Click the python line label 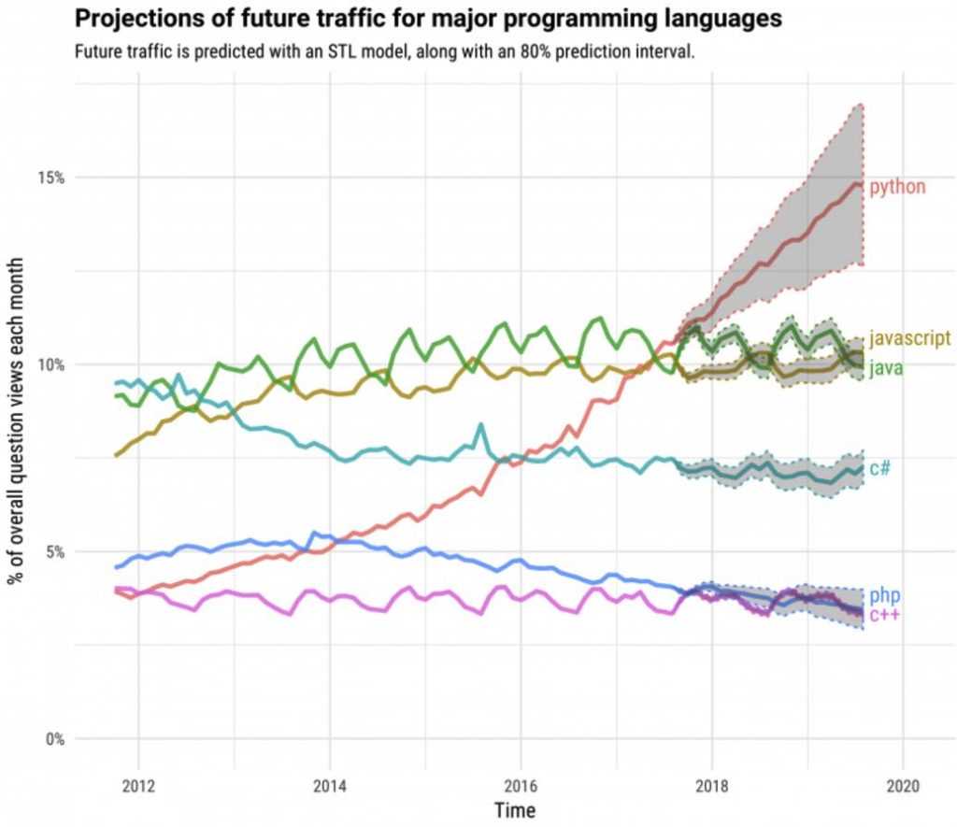(x=897, y=187)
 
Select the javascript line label (x=909, y=337)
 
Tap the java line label (x=885, y=369)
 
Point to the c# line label (x=879, y=468)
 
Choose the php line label (x=884, y=595)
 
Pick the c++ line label (x=884, y=614)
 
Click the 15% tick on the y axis (x=50, y=178)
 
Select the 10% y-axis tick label (x=50, y=364)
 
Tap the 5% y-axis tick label (x=54, y=551)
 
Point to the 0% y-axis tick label (x=54, y=739)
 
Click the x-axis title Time (x=515, y=808)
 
